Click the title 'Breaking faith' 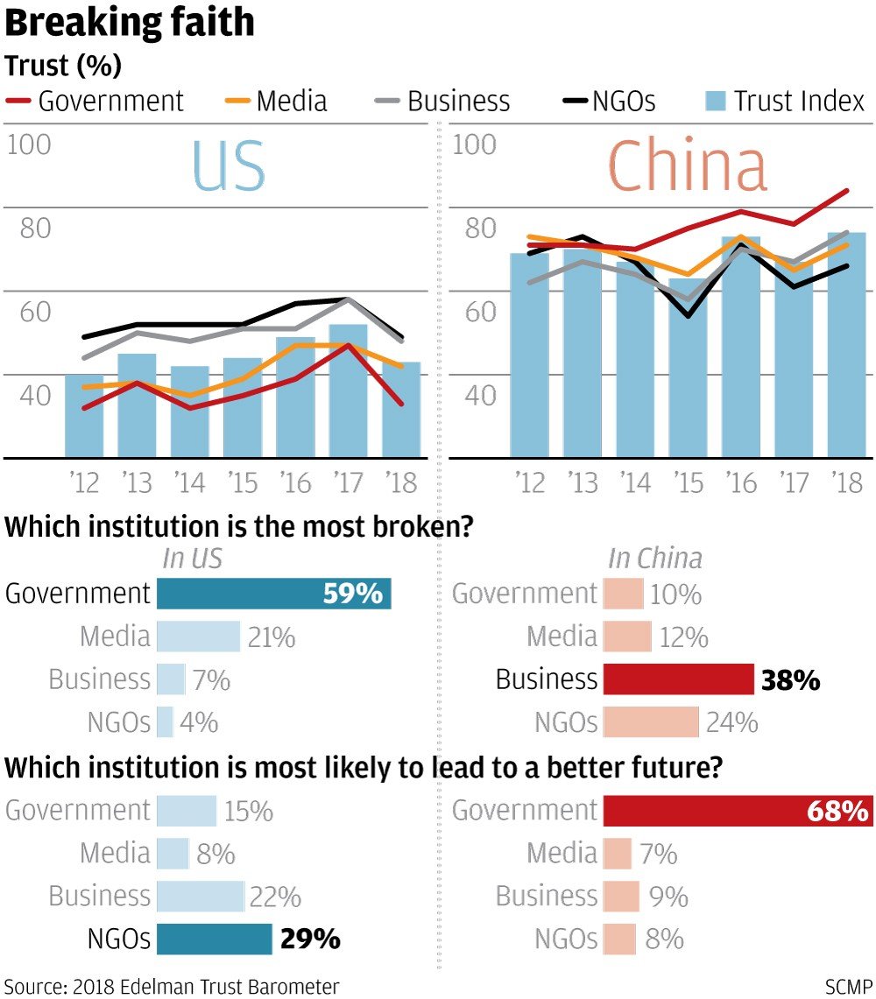coord(130,24)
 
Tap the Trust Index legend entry coord(786,101)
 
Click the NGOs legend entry coord(609,101)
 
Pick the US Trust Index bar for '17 coord(348,390)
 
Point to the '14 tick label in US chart coord(189,482)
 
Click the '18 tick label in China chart coord(846,482)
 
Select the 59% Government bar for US coord(273,594)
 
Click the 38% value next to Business coord(790,680)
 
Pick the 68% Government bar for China coord(738,811)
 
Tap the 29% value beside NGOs coord(310,939)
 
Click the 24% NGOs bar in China coord(651,722)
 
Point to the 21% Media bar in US coord(198,637)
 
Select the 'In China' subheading coord(655,559)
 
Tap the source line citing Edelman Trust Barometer coord(172,986)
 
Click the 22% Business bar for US coord(200,896)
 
